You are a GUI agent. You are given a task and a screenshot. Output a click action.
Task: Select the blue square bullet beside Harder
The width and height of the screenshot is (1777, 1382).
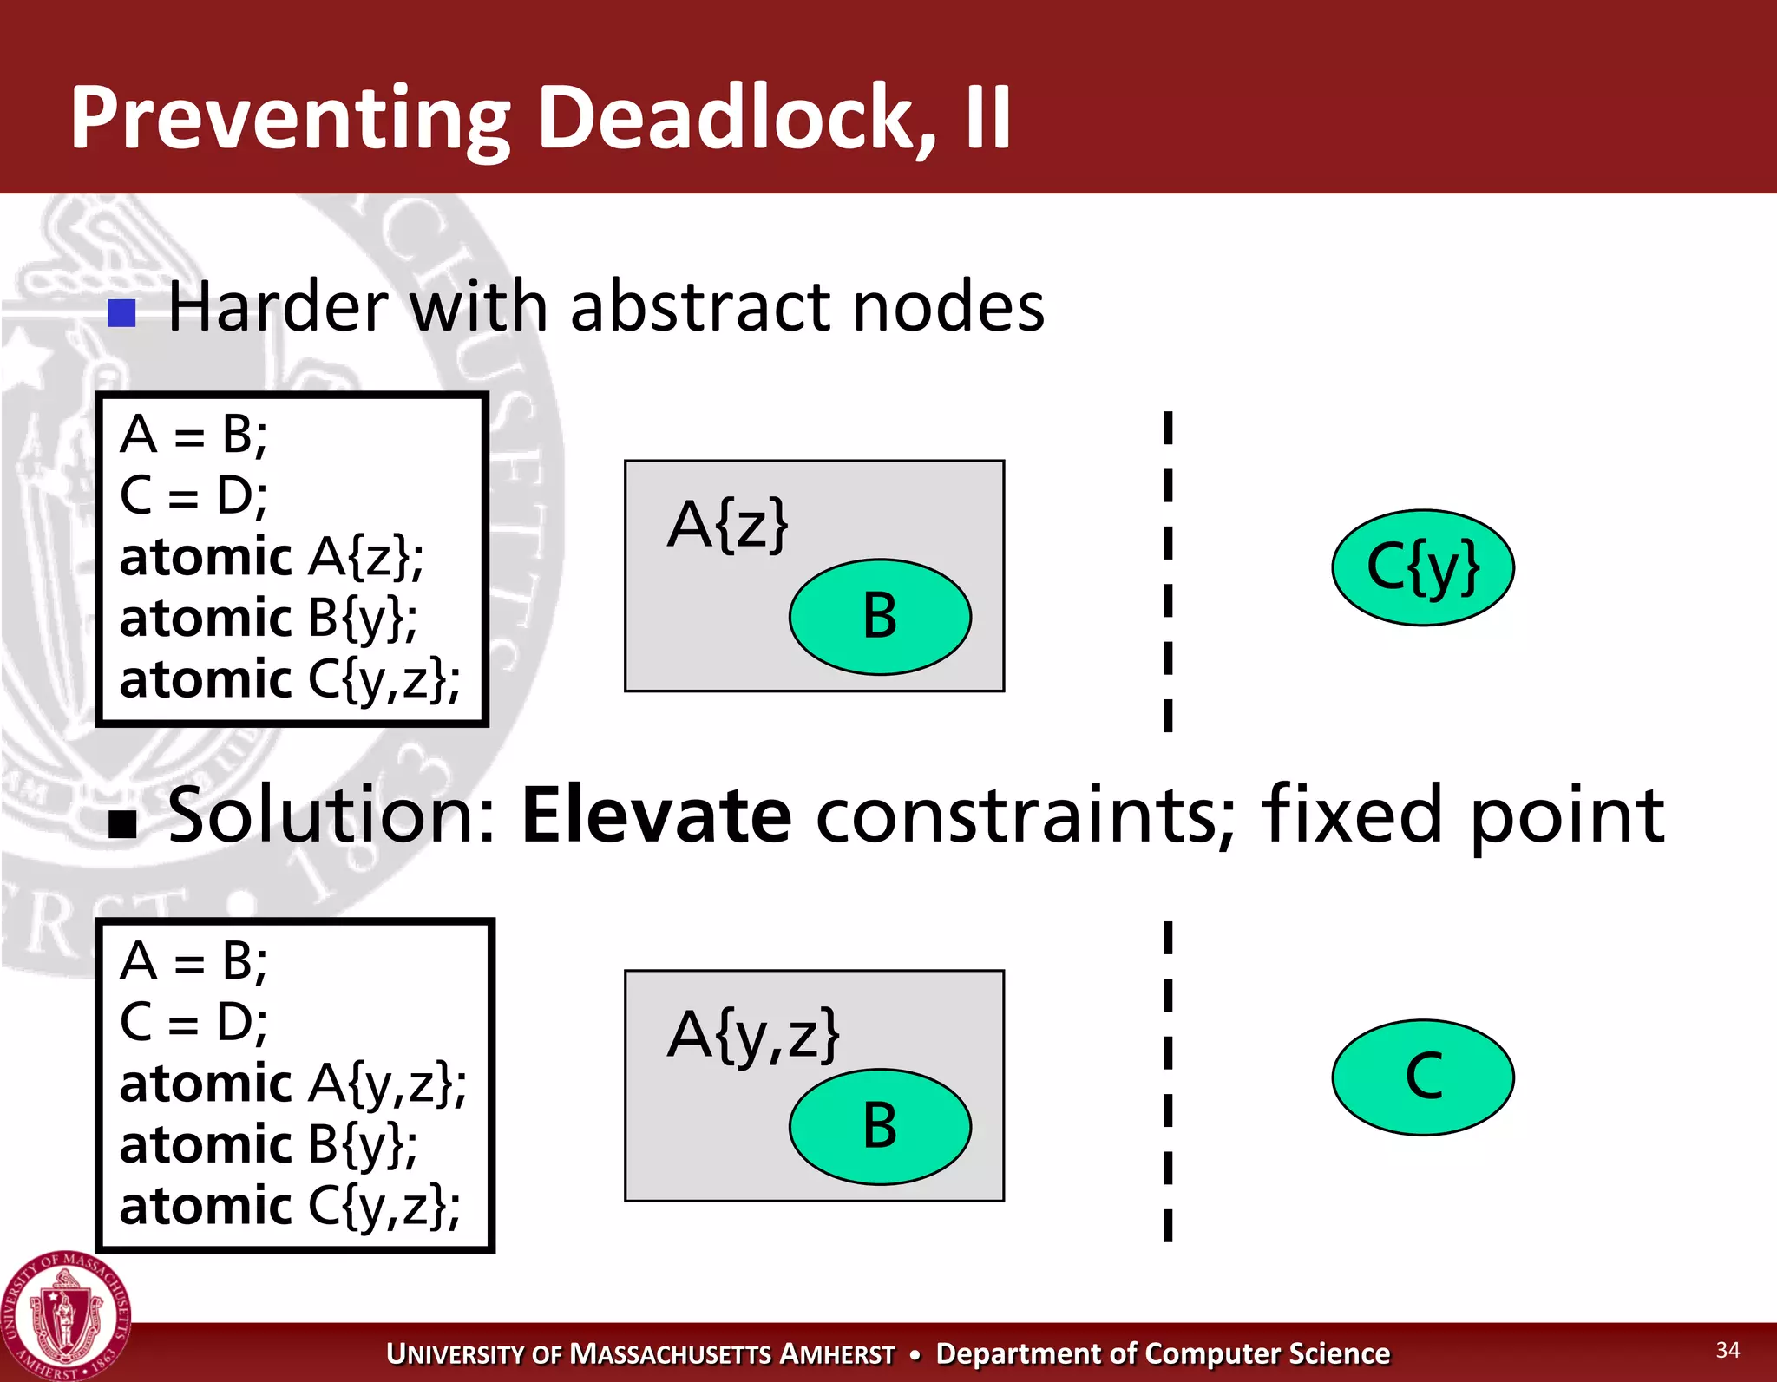pos(122,312)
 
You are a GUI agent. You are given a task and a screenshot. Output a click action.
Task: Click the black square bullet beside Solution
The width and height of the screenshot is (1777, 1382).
pos(122,823)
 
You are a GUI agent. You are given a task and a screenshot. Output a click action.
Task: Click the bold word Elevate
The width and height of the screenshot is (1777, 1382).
pos(656,815)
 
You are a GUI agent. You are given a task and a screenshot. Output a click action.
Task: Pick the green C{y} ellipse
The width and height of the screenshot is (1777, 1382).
pos(1423,567)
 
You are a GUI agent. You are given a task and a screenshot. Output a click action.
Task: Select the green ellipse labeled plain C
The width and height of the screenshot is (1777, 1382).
pos(1423,1077)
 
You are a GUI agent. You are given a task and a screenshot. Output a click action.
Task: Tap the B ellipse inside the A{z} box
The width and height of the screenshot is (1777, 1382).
pos(880,617)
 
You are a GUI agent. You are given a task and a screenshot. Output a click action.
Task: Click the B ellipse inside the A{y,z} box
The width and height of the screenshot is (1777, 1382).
pos(880,1126)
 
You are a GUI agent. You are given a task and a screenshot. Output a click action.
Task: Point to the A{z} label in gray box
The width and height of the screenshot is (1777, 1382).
pos(727,525)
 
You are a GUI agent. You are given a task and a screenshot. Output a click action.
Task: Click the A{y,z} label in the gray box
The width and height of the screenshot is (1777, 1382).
pos(753,1034)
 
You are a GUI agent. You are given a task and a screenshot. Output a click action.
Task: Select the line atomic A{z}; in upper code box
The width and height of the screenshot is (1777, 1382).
pos(271,557)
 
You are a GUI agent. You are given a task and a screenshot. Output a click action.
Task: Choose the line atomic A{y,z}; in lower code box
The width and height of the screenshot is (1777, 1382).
pos(292,1084)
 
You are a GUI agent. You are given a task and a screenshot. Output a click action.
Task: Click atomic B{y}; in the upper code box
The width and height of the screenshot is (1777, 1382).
pos(267,619)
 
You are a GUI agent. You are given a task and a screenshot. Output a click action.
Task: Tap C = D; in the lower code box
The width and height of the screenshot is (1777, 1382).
pos(193,1022)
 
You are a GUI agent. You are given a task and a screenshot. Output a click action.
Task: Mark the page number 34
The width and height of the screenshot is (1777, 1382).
pos(1728,1350)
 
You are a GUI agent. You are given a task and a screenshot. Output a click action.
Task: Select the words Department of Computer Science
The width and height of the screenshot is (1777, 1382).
pos(1163,1353)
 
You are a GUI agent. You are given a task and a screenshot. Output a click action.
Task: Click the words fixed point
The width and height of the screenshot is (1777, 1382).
pos(1462,815)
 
